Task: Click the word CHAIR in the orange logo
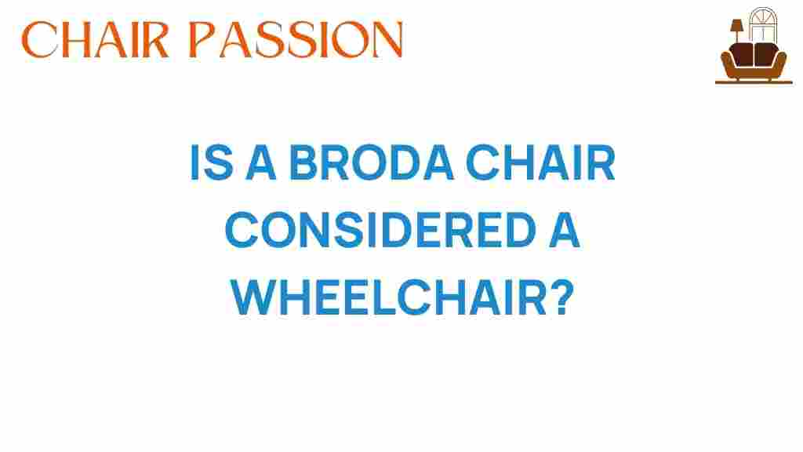click(95, 39)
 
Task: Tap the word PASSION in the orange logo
click(296, 39)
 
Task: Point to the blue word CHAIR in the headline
click(540, 162)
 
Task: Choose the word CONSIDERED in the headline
click(380, 230)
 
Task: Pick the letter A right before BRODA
click(261, 162)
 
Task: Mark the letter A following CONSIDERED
click(565, 230)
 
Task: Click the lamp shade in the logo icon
click(736, 25)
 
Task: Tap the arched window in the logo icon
click(763, 24)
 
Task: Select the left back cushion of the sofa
click(741, 54)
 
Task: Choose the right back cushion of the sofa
click(765, 54)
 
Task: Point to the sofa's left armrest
click(727, 63)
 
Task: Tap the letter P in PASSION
click(202, 39)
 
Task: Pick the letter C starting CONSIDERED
click(242, 230)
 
